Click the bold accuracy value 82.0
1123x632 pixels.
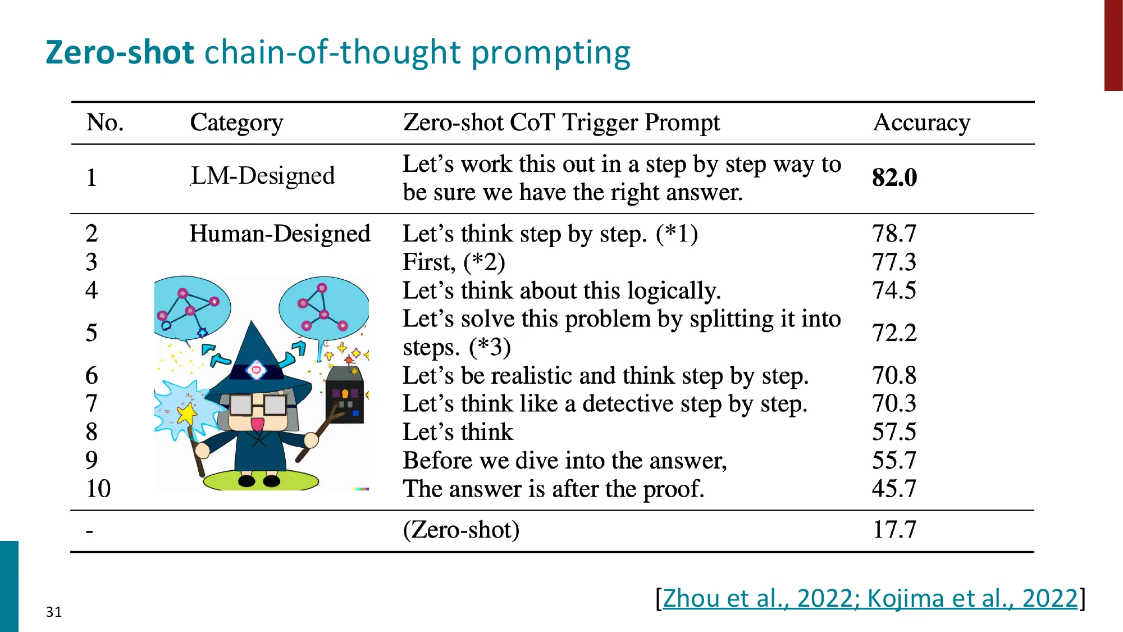click(894, 178)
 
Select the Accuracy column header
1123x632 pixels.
click(921, 122)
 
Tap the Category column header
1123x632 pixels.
click(236, 122)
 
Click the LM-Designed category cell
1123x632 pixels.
click(263, 176)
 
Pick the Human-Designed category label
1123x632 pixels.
click(280, 233)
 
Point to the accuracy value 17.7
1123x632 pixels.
click(894, 529)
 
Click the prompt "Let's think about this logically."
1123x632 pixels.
click(561, 290)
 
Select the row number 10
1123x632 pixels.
click(98, 488)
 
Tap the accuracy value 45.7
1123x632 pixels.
click(894, 488)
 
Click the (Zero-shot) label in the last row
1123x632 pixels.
click(461, 529)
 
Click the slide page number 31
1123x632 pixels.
click(54, 612)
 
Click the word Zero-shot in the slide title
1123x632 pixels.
click(120, 52)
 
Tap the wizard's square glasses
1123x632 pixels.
click(258, 404)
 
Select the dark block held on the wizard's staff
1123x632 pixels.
click(345, 395)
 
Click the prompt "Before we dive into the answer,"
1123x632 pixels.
click(565, 460)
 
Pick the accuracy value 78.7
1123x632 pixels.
click(894, 233)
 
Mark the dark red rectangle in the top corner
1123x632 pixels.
click(1113, 45)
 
